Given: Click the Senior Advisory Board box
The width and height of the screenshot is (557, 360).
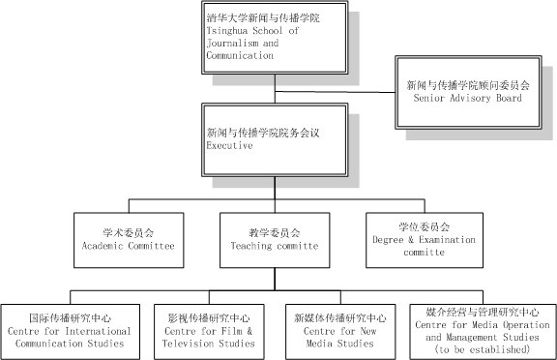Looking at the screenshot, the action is coord(468,92).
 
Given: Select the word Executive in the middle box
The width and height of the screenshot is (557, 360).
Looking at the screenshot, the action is coord(229,145).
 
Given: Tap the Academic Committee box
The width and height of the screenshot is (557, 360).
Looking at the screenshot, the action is coord(129,240).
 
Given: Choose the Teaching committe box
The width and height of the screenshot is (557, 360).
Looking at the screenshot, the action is coord(275,240).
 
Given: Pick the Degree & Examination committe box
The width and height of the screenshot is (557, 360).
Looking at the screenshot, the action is coord(425,240).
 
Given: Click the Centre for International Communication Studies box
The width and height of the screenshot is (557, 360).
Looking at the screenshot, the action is coord(71,332).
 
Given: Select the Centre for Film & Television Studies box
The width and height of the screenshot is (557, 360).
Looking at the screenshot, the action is coord(209,332).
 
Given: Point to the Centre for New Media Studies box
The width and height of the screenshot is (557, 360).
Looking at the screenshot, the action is coord(340,332).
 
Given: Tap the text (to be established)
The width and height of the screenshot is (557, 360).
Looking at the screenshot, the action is coord(483,349).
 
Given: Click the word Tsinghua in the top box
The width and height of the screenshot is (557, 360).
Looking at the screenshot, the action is coord(226,31).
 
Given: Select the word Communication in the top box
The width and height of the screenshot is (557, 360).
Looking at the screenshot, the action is coord(240,55).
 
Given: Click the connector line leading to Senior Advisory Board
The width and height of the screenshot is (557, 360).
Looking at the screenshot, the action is coord(335,92).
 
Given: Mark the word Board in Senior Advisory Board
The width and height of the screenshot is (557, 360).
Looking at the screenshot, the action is coord(509,98).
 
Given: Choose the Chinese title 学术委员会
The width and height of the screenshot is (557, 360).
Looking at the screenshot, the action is coord(129,233).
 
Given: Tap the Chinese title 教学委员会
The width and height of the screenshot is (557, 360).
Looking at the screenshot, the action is coord(275,233).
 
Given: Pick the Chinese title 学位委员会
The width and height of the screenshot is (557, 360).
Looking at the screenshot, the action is coord(425,226).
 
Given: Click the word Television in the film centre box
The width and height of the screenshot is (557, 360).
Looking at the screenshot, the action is coord(189,344).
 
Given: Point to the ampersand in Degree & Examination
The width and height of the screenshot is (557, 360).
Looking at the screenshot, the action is coord(411,240).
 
